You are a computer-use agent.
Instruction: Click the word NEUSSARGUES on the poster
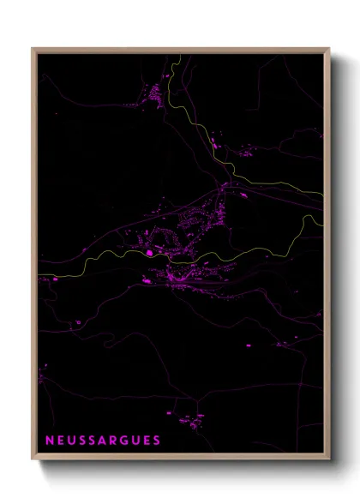pyautogui.click(x=103, y=441)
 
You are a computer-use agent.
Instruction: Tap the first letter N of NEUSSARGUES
pyautogui.click(x=50, y=441)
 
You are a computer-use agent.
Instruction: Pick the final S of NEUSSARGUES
pyautogui.click(x=157, y=441)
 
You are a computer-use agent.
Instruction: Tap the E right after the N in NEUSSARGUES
pyautogui.click(x=60, y=441)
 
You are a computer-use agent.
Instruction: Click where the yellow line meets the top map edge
pyautogui.click(x=180, y=57)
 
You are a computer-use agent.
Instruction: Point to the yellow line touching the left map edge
pyautogui.click(x=39, y=276)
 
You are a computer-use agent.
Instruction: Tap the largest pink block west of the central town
pyautogui.click(x=151, y=252)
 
